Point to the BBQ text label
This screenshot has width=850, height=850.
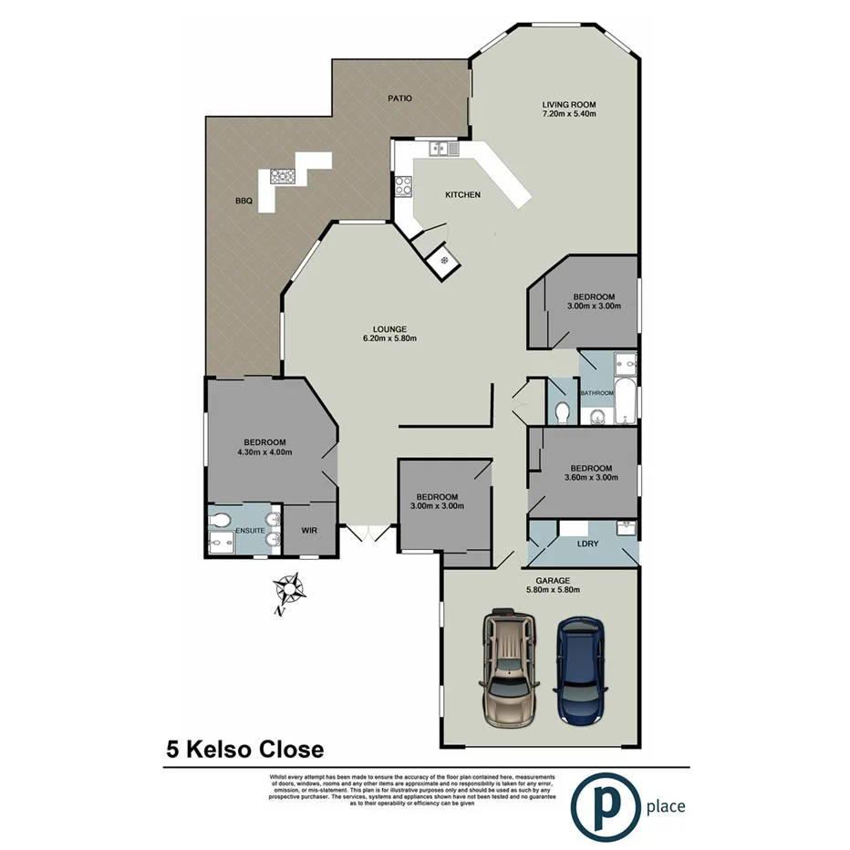[243, 202]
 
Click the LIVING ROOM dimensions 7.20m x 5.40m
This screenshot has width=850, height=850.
[569, 114]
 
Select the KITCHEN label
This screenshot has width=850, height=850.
[462, 195]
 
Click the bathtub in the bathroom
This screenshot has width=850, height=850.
[627, 401]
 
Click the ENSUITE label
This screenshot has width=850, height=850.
[250, 530]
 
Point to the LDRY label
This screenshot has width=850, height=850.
[588, 544]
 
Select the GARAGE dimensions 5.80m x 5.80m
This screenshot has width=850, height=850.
[554, 590]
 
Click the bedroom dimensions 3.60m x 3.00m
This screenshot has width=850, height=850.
[588, 477]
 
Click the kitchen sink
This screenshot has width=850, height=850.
[443, 148]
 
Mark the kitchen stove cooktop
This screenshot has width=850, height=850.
[402, 185]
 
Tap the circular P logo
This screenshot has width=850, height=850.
[603, 805]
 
